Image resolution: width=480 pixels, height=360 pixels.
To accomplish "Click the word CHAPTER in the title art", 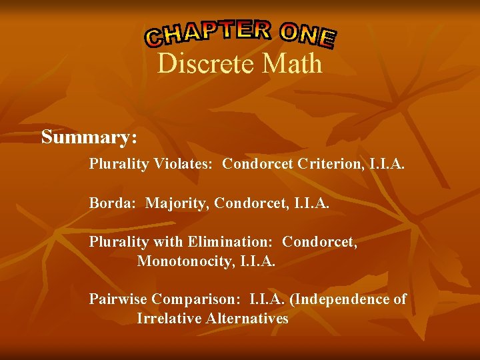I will click(209, 33).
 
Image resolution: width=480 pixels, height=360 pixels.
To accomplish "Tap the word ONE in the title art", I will click(307, 35).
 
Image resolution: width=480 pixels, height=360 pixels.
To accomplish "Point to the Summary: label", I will click(89, 137).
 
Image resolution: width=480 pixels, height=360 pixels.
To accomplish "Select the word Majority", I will click(175, 202).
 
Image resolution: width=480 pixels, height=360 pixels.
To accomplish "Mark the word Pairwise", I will click(118, 299).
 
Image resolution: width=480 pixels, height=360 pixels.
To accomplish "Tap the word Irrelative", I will click(168, 319).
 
